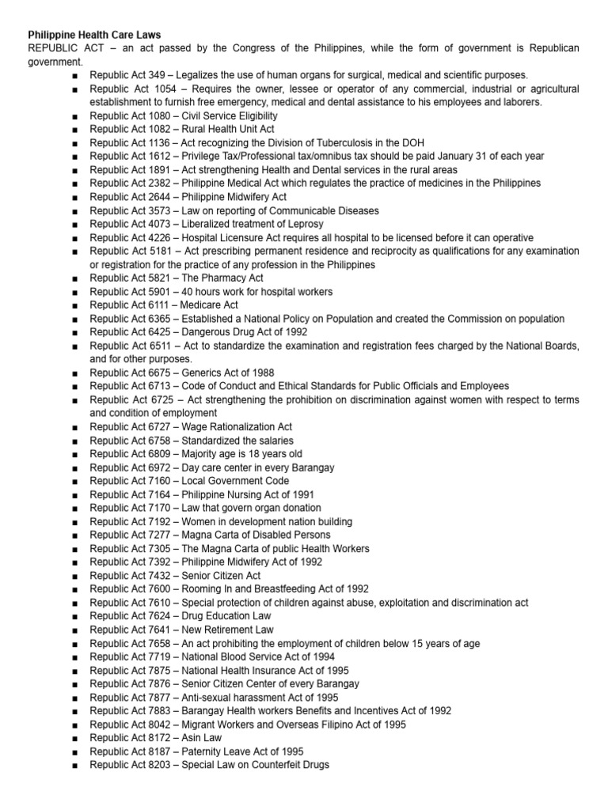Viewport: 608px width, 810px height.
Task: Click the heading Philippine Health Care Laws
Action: point(94,35)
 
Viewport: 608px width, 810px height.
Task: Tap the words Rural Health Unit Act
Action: point(226,129)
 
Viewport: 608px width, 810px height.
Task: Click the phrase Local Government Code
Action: point(235,481)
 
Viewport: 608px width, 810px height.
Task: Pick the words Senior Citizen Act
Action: point(221,576)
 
